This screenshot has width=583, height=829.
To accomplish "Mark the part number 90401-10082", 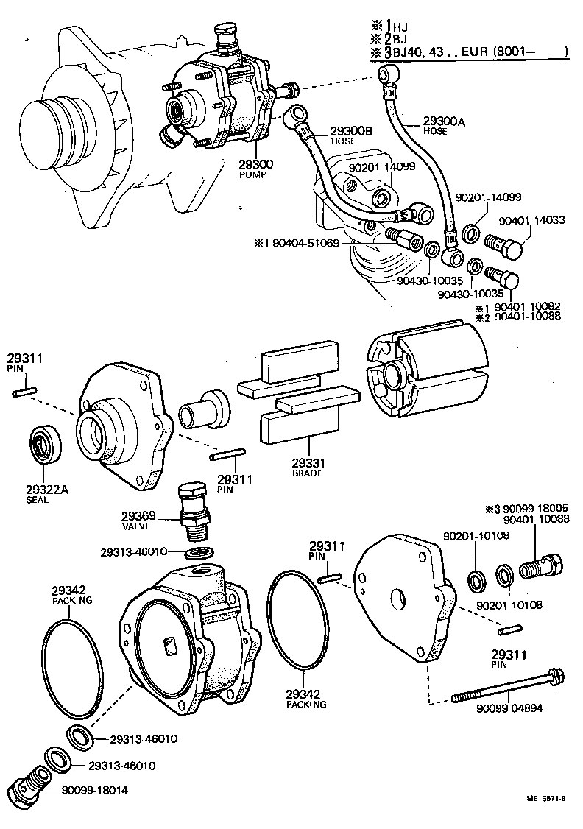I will [527, 308].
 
